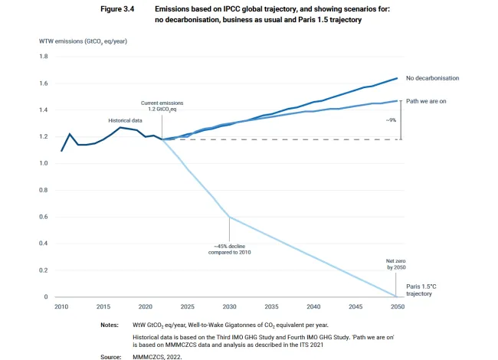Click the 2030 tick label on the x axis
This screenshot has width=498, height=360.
(x=229, y=306)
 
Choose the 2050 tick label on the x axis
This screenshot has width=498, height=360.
(x=397, y=306)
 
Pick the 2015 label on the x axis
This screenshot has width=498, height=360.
(x=103, y=306)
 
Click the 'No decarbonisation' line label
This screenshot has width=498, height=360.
(x=437, y=78)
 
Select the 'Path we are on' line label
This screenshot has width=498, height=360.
(x=431, y=100)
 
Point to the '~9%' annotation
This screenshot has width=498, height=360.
(x=412, y=120)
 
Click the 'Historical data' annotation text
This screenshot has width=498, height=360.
(x=126, y=120)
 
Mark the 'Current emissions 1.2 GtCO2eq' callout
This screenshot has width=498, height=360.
(x=162, y=106)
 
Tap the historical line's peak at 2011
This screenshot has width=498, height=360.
(x=70, y=134)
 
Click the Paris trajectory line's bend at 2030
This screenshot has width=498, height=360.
(x=229, y=218)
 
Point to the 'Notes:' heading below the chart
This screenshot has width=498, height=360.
(x=109, y=325)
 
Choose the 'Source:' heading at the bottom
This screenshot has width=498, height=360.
(x=110, y=356)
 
